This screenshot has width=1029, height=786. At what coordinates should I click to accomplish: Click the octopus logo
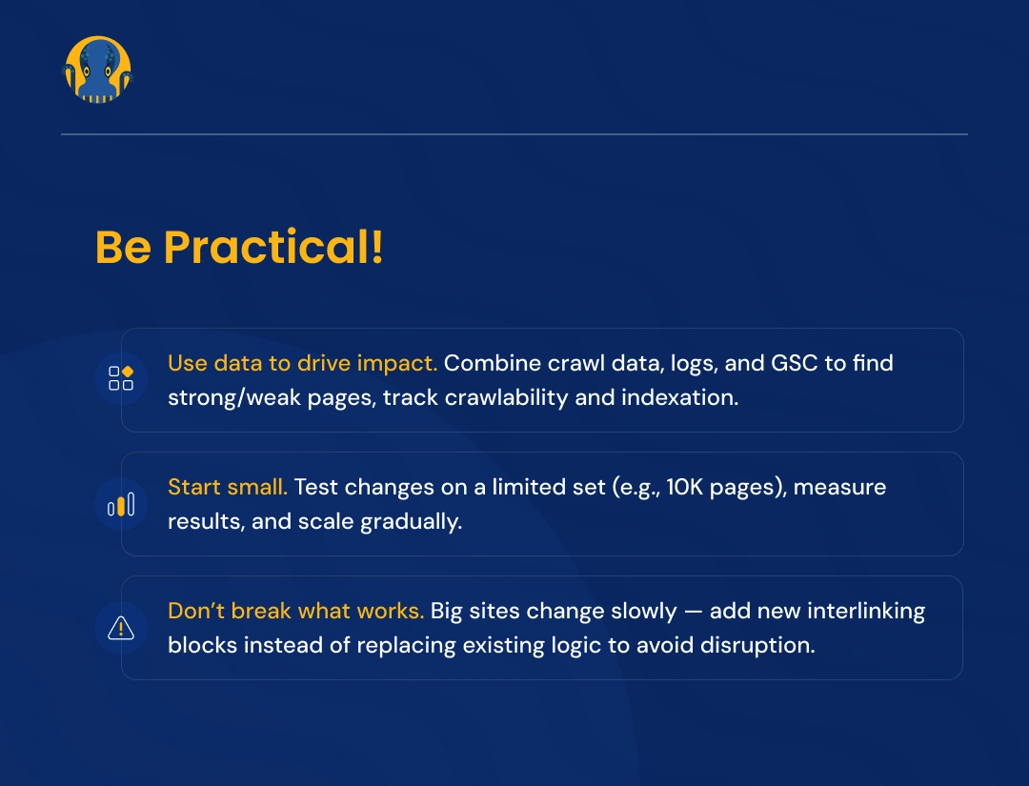[97, 70]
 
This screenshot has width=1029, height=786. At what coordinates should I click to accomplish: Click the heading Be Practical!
[239, 248]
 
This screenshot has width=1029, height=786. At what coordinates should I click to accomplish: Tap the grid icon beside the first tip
[121, 378]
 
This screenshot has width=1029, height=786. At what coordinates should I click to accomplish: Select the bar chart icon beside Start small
[121, 504]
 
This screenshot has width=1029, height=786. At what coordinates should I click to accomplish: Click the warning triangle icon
[121, 628]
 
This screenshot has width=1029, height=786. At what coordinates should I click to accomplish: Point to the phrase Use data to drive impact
[302, 363]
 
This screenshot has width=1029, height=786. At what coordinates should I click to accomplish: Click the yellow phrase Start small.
[228, 487]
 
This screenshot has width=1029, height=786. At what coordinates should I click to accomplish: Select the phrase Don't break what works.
[295, 611]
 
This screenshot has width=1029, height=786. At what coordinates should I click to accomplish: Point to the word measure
[839, 487]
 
